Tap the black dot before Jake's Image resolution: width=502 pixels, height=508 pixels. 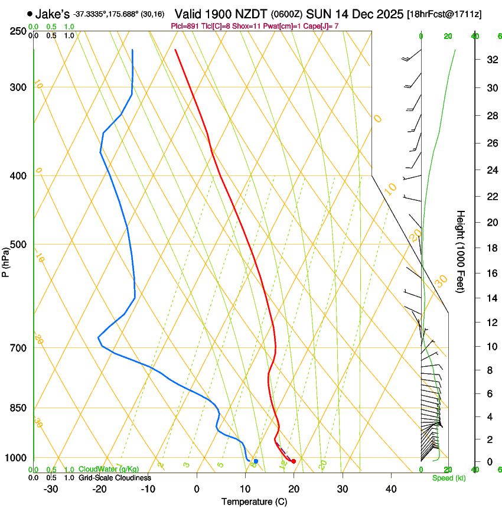coord(30,14)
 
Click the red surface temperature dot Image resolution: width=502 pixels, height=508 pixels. coord(294,461)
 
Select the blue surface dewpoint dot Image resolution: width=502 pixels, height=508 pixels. coord(256,461)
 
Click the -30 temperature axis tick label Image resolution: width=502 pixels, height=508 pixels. coord(51,489)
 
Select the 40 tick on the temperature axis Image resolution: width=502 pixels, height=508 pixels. coord(391,489)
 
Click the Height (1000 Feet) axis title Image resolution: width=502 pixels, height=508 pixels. coord(461,252)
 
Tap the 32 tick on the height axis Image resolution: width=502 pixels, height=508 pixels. coord(491,59)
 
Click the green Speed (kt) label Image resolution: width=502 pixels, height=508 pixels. coord(449,478)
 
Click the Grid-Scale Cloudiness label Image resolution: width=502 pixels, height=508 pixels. coord(115,477)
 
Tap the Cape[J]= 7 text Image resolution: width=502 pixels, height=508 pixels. coord(322,26)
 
